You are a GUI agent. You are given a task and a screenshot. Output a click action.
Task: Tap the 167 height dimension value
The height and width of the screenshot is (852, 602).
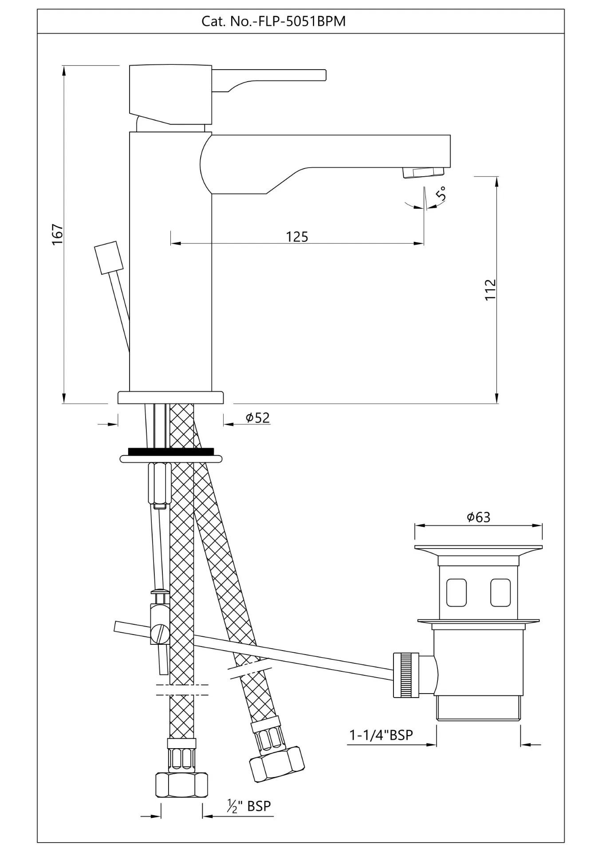point(58,234)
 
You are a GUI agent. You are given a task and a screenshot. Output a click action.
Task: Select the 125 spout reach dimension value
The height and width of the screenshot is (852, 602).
point(297,237)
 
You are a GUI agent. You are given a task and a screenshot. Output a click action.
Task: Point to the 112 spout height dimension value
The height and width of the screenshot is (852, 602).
point(490,289)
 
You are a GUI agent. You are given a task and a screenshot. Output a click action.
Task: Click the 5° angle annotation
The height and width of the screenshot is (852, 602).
point(441,194)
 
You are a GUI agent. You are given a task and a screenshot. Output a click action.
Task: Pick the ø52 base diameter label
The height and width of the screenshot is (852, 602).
point(258,418)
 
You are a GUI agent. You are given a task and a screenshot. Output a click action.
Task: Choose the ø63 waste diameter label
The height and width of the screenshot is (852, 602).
point(479,517)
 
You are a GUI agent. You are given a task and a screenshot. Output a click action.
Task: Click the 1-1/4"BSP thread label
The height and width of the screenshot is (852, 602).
point(381,735)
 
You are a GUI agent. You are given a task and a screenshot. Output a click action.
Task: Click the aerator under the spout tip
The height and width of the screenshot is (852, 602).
point(423,173)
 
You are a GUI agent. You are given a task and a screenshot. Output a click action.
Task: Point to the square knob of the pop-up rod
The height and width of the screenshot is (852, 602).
point(109,257)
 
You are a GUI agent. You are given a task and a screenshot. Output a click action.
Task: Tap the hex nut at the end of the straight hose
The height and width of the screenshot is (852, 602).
point(182,785)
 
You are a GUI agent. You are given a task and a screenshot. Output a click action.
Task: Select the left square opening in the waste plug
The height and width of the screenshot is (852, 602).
point(456,592)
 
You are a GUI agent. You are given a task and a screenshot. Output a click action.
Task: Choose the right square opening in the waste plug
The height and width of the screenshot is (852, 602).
point(500,592)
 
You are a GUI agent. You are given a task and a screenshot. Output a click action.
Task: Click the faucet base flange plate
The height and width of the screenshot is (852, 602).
point(171,398)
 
